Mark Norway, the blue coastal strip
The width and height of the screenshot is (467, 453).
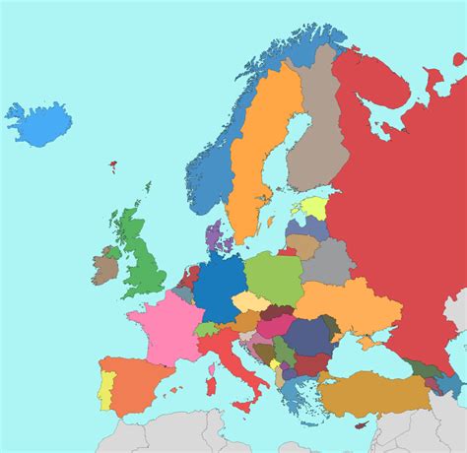(212, 167)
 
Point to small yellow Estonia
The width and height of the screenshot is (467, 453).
(314, 208)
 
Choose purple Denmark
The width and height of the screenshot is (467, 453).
(214, 236)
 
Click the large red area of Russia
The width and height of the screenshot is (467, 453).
(394, 197)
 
